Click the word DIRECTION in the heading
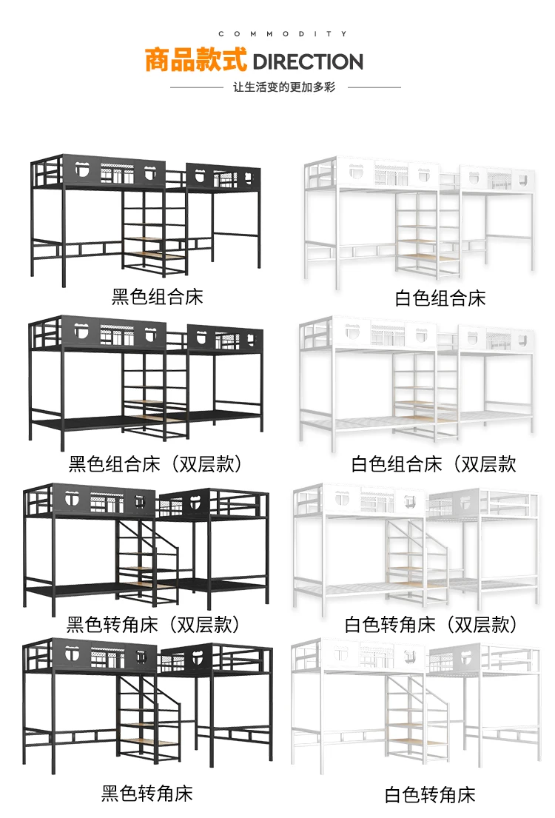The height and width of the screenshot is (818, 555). click(x=308, y=61)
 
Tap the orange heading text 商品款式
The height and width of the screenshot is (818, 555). click(x=196, y=61)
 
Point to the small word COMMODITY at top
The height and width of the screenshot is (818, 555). click(x=283, y=34)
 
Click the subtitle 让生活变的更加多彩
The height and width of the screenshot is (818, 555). click(x=284, y=87)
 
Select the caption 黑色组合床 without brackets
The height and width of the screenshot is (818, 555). click(x=157, y=298)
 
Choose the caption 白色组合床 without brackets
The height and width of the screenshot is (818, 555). click(x=440, y=299)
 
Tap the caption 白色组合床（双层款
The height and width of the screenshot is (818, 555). click(x=434, y=464)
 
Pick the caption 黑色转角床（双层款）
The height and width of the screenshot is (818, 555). click(x=154, y=625)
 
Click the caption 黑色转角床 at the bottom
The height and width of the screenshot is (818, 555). click(x=147, y=794)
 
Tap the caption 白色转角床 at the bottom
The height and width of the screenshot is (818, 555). click(x=430, y=795)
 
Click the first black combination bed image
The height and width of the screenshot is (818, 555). click(x=145, y=218)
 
